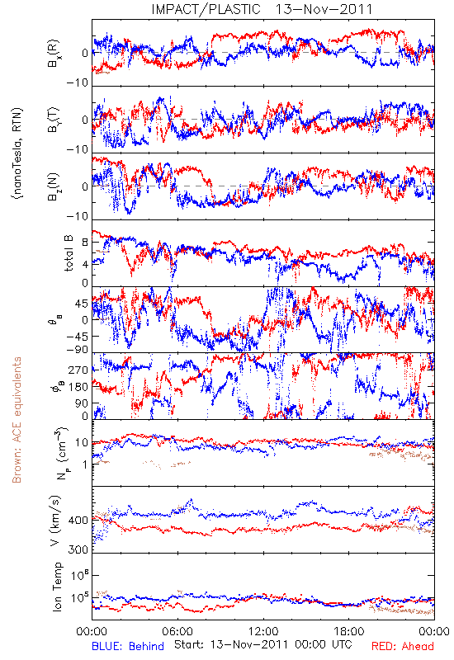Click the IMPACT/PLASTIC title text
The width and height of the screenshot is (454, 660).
point(206,9)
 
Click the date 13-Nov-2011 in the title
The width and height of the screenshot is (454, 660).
point(324,9)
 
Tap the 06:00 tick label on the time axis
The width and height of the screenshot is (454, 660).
point(177,631)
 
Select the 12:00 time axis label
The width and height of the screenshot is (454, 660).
point(263,631)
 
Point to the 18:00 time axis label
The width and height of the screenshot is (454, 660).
point(349,631)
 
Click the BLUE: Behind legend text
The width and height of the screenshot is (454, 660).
point(128,646)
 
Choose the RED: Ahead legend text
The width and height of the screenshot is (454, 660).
point(403,646)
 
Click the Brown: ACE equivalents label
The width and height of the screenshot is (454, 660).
point(17,420)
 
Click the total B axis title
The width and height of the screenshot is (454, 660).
point(69,253)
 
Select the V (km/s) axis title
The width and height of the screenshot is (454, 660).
point(56,521)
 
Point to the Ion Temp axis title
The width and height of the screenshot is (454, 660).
point(57,587)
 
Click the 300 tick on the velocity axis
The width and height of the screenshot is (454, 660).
point(78,549)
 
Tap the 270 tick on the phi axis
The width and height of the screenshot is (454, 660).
point(78,370)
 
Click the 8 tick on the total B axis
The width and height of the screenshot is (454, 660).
point(86,243)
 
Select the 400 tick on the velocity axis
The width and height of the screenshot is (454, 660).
point(78,521)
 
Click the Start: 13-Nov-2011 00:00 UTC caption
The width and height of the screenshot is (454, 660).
point(262,644)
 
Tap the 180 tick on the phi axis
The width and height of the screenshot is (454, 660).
point(78,387)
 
